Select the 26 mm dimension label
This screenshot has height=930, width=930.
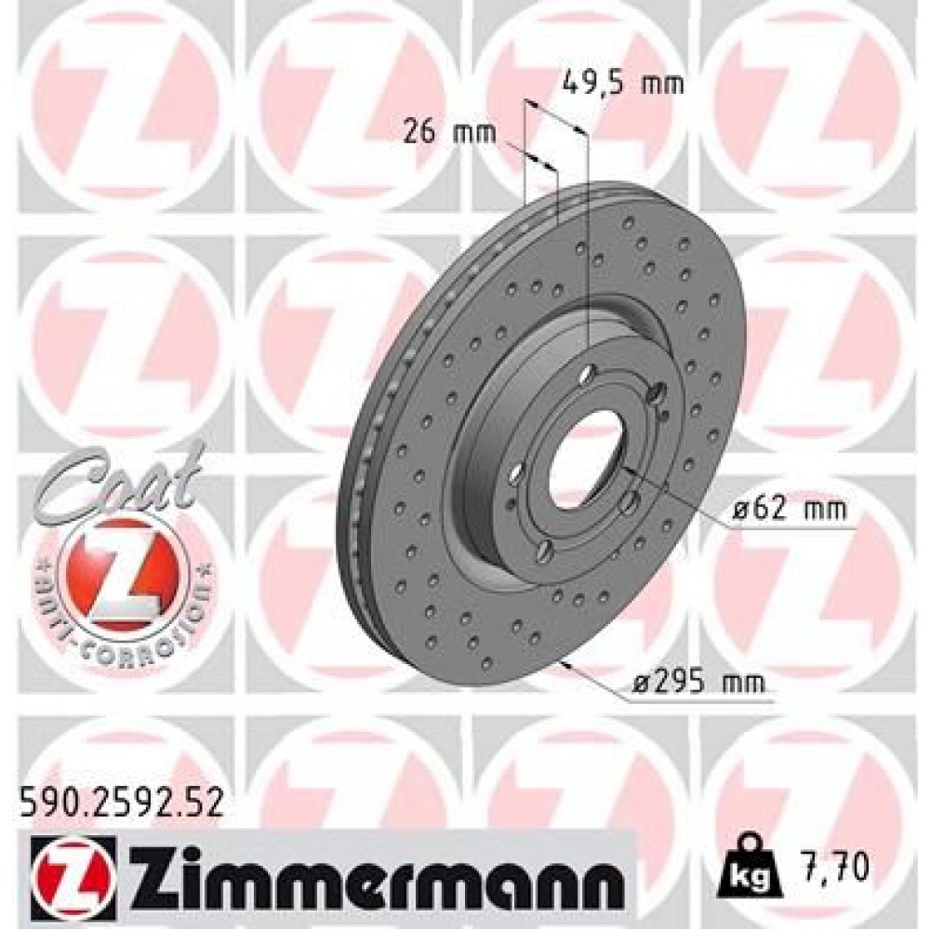point(450,131)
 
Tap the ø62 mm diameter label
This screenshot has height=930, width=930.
point(789,510)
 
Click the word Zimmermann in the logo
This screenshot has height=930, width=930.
point(372,876)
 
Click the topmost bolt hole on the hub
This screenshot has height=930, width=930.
point(587,374)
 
